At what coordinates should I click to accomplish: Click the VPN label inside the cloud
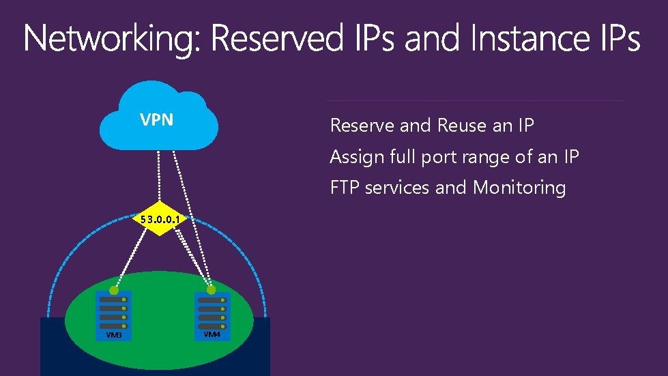(156, 121)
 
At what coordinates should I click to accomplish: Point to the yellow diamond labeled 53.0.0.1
(159, 219)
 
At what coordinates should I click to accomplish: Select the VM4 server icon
(212, 316)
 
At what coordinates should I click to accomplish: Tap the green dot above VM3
(114, 290)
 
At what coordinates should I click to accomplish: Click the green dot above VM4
(212, 290)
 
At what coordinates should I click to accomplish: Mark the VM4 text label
(212, 334)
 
